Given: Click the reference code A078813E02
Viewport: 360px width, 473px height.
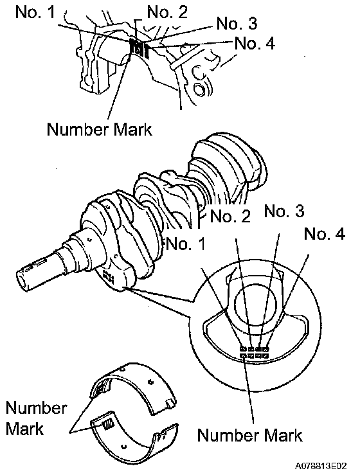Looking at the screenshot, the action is (x=321, y=465).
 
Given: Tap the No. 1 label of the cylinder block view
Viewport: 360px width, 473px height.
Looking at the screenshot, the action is (x=35, y=12).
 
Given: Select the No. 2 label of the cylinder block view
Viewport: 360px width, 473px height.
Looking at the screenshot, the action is (x=167, y=12).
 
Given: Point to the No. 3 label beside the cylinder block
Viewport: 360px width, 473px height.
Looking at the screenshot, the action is (x=237, y=23).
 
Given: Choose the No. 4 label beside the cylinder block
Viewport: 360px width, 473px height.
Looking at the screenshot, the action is (x=255, y=43).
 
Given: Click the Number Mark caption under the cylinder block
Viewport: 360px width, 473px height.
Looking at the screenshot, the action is (x=99, y=129).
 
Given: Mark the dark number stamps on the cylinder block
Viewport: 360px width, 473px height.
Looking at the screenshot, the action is (x=139, y=47).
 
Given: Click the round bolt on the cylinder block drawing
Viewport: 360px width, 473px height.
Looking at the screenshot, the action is (x=199, y=89).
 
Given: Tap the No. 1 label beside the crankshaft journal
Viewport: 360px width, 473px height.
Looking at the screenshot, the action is (x=186, y=244).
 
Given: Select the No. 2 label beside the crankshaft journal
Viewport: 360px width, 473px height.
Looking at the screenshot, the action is (x=230, y=216).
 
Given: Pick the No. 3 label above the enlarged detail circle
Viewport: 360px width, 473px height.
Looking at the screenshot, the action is (x=284, y=211).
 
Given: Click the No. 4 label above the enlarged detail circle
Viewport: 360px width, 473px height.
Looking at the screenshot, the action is (x=325, y=234).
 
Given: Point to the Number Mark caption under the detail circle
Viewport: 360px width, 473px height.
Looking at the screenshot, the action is (x=249, y=435).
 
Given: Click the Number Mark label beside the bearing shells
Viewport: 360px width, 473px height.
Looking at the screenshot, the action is (x=36, y=418).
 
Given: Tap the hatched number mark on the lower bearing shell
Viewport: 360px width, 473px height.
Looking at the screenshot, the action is (x=107, y=424).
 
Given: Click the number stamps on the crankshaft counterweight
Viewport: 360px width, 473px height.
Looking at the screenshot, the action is (x=108, y=277).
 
